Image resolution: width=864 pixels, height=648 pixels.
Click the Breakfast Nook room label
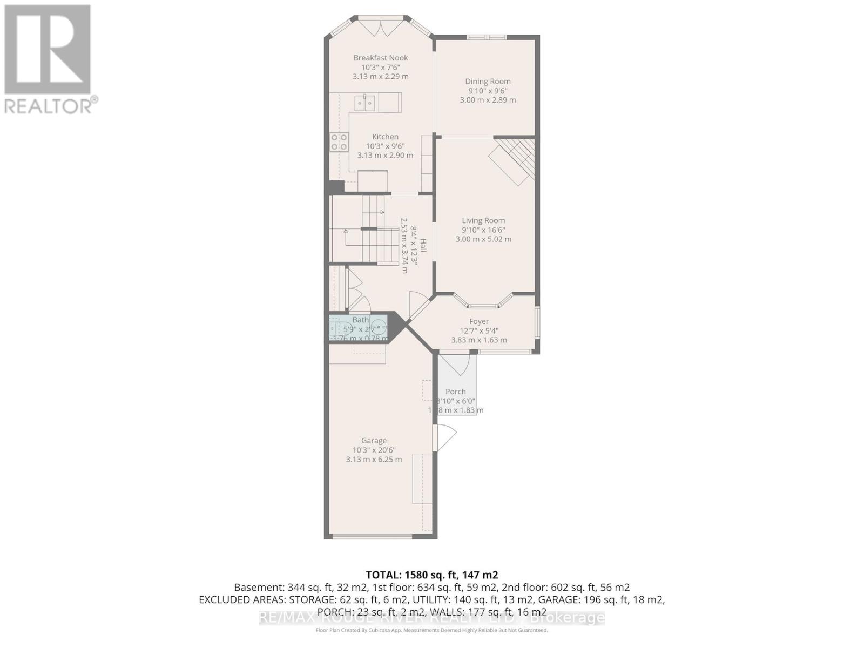[x=381, y=58]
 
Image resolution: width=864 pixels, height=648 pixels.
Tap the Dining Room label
[x=488, y=82]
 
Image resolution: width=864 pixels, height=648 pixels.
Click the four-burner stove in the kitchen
[x=339, y=142]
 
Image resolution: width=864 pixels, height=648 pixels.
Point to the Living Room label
[x=483, y=220]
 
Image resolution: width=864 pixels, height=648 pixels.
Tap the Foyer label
[x=479, y=321]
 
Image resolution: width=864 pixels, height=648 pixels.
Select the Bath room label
[x=360, y=320]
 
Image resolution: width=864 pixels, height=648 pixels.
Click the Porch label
[x=456, y=391]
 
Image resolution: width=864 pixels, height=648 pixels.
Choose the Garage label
[x=374, y=441]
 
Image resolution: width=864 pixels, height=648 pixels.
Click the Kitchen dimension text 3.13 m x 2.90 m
[x=385, y=156]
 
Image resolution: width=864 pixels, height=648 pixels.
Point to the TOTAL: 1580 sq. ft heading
[x=431, y=575]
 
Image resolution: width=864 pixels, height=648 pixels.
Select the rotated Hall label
[x=423, y=246]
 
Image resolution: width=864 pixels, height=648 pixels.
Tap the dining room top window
[x=487, y=37]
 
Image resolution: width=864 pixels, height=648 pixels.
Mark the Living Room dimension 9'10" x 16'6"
[x=483, y=230]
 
